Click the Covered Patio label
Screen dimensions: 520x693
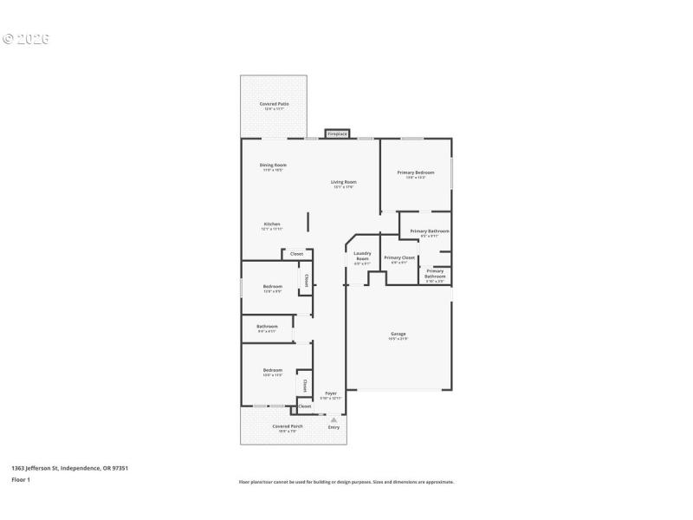click(274, 104)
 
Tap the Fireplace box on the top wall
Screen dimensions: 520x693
click(337, 134)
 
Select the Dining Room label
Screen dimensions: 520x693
click(273, 165)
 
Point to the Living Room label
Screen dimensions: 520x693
click(344, 182)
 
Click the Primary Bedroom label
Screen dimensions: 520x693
click(416, 172)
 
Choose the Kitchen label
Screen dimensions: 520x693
click(272, 224)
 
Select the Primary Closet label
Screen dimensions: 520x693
click(398, 257)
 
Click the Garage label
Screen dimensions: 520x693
click(398, 334)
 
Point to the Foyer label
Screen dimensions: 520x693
click(331, 393)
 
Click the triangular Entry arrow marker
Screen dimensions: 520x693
click(334, 419)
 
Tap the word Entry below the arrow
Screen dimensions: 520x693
click(334, 427)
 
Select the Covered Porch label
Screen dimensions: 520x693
click(288, 426)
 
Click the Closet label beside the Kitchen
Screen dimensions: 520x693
click(296, 254)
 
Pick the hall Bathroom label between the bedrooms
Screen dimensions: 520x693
click(267, 327)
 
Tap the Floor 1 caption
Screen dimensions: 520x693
click(21, 479)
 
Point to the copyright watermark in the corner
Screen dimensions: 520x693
click(26, 39)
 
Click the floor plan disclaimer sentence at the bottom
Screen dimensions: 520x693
click(346, 482)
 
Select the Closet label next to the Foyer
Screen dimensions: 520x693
click(305, 406)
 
